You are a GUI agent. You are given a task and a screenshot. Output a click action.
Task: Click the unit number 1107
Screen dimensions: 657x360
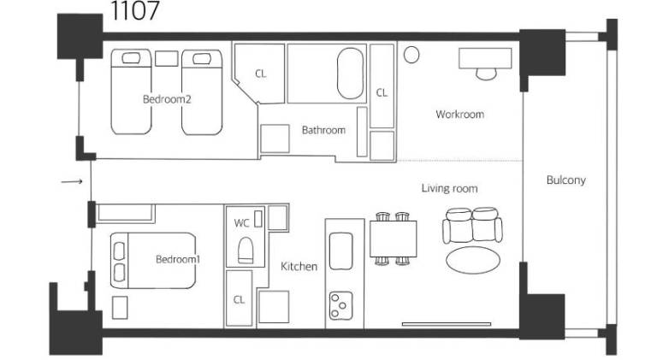pos(135,10)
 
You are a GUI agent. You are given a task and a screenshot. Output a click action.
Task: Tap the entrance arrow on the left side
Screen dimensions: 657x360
pos(72,181)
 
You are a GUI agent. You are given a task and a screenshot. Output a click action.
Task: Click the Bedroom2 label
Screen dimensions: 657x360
pos(167,99)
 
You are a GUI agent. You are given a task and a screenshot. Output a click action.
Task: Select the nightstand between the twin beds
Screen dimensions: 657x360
pos(166,59)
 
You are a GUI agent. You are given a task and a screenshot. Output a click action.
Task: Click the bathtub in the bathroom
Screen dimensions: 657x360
pos(350,74)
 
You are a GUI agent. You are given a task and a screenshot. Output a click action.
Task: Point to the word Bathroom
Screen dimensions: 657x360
pos(323,130)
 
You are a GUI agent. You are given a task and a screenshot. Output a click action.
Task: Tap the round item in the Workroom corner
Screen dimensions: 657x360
pos(411,55)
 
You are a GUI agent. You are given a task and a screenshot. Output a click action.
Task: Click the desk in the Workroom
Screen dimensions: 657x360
pos(485,58)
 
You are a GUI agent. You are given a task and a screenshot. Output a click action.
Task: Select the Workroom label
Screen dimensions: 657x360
pos(459,115)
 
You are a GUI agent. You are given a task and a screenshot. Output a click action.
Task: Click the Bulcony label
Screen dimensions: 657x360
pos(566,180)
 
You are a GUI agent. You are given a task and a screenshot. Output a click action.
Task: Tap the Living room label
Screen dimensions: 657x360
pos(449,188)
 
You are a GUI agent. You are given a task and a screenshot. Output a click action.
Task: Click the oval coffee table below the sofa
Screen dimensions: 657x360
pos(472,260)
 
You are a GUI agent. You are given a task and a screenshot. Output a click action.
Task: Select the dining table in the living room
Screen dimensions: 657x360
pos(393,239)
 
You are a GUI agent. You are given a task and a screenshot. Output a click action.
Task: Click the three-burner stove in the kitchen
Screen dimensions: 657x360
pos(340,306)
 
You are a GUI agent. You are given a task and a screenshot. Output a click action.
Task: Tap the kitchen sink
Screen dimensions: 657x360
pos(340,251)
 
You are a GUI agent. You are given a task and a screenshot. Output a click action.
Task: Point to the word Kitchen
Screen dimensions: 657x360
pos(299,266)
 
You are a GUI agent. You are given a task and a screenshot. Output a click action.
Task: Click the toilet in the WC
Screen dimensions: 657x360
pos(246,251)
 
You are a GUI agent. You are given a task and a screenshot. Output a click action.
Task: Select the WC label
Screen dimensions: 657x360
pos(242,223)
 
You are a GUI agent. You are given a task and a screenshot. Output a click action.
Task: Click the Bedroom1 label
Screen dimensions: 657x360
pos(178,260)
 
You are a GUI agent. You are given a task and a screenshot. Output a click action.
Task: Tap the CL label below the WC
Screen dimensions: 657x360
pos(239,300)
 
